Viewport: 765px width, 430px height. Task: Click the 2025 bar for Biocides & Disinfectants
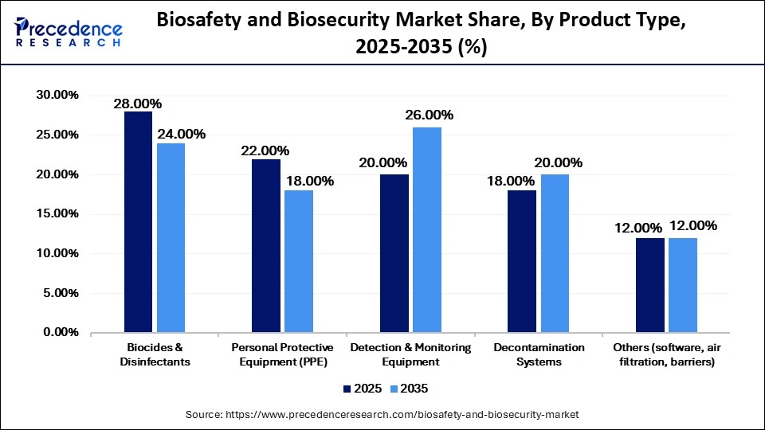pos(138,222)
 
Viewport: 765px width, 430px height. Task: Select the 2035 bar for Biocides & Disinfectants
pos(170,238)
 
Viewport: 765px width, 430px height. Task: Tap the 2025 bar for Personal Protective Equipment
pos(266,246)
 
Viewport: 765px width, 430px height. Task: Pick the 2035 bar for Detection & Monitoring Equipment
pos(426,230)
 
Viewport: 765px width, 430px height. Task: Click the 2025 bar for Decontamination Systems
pos(522,261)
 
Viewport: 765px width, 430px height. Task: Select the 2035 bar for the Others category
pos(683,285)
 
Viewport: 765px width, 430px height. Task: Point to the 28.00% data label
pos(137,104)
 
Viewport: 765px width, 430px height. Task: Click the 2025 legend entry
pos(359,389)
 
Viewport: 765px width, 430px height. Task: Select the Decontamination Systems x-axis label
pos(539,355)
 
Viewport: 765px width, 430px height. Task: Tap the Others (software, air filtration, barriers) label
pos(667,355)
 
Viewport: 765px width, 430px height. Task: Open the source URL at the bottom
pos(382,415)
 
